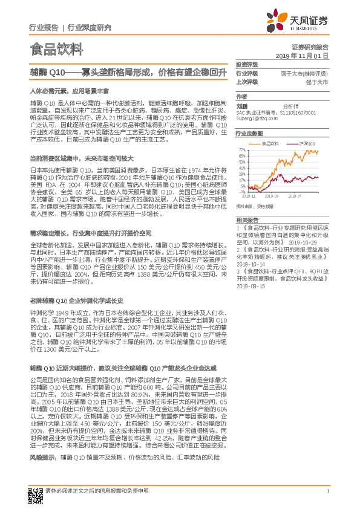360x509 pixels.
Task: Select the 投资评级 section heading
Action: pyautogui.click(x=247, y=64)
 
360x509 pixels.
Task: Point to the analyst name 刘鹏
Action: pyautogui.click(x=242, y=105)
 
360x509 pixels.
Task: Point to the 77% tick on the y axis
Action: pyautogui.click(x=241, y=149)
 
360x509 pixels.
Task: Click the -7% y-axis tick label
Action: pyautogui.click(x=241, y=193)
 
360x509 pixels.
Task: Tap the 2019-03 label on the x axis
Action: pyautogui.click(x=273, y=196)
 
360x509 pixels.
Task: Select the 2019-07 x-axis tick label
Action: pyautogui.click(x=296, y=196)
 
